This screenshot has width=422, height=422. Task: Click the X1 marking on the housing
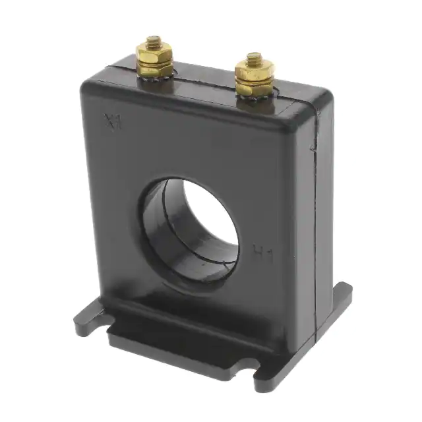[x=113, y=121]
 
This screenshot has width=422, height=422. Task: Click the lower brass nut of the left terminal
[x=156, y=67]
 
